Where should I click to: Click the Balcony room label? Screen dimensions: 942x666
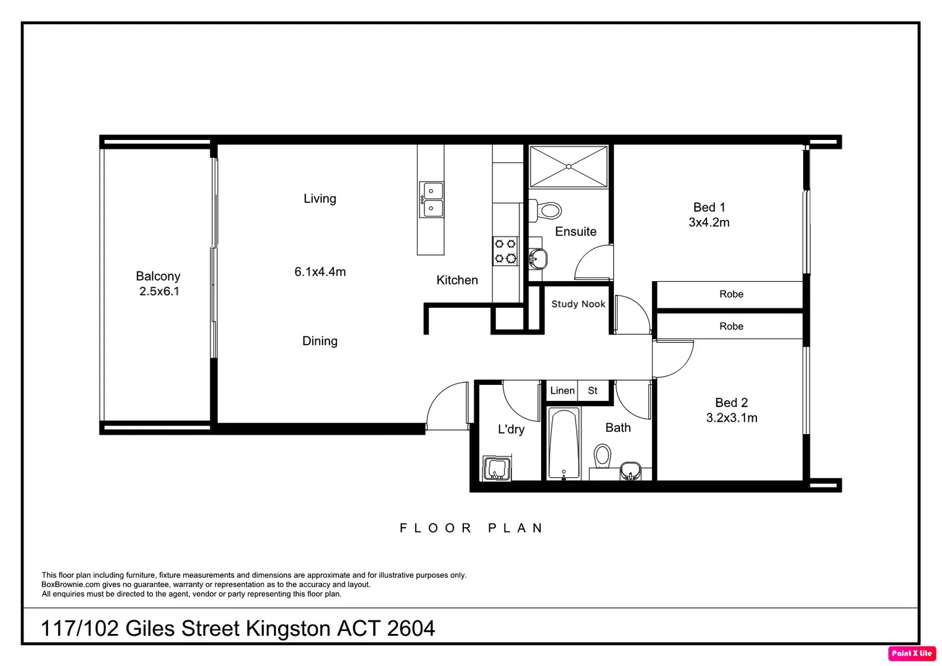pos(158,276)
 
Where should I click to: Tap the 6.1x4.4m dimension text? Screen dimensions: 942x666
pos(320,271)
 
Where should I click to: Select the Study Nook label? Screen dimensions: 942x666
pos(578,304)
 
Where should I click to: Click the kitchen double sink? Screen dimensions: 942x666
pos(431,199)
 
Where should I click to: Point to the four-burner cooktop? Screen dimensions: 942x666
pos(505,251)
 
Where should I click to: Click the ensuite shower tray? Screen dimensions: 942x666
pos(569,166)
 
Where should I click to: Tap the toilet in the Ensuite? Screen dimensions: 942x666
pos(545,210)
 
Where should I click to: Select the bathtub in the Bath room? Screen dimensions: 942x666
pos(564,444)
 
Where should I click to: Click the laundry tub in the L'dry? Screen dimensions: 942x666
pos(497,468)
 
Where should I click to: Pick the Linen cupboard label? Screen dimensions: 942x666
pos(562,390)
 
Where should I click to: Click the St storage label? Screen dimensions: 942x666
pos(593,390)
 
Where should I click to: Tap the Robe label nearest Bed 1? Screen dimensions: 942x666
pos(731,294)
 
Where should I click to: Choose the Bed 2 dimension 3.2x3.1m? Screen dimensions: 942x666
pos(732,418)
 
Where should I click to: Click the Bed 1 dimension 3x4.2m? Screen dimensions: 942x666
pos(709,223)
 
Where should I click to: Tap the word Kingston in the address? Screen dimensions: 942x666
pos(288,628)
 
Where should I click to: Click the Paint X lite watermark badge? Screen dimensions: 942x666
pos(912,653)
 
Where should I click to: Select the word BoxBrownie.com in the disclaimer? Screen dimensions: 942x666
pos(71,585)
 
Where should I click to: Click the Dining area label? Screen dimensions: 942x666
pos(320,341)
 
